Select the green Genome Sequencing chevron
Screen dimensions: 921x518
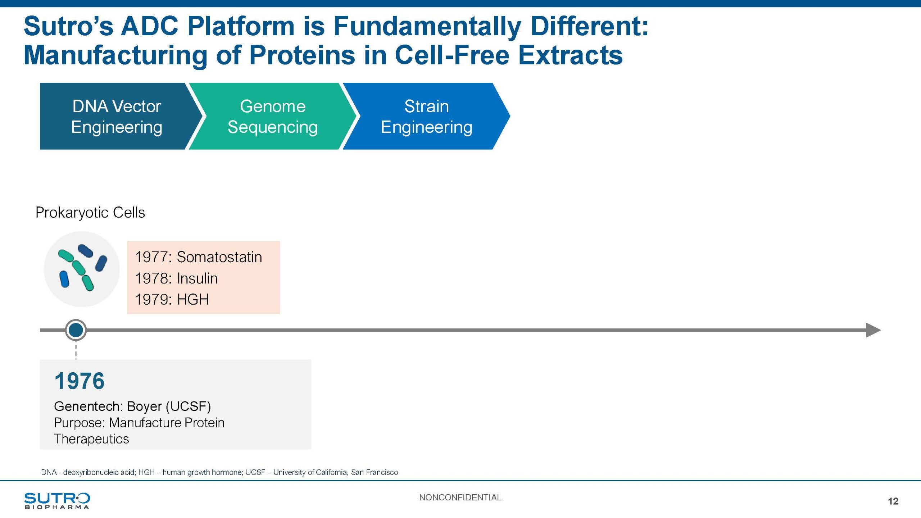[272, 116]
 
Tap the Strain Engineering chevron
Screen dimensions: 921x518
[426, 116]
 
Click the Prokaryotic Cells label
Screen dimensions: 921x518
[90, 213]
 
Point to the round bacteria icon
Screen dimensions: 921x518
[82, 269]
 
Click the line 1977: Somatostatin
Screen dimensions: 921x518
[199, 257]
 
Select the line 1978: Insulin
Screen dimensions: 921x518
[176, 278]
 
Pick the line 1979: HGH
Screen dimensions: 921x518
[172, 299]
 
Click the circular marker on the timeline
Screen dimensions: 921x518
[76, 330]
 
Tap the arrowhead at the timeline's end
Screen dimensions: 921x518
[874, 330]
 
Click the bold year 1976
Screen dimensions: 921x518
[80, 381]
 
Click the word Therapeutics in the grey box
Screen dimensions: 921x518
[91, 439]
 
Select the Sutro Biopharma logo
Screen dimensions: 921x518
[57, 501]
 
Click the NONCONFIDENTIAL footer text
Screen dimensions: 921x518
[460, 497]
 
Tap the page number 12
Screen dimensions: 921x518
[893, 501]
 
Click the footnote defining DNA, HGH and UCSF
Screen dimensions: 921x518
[219, 472]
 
